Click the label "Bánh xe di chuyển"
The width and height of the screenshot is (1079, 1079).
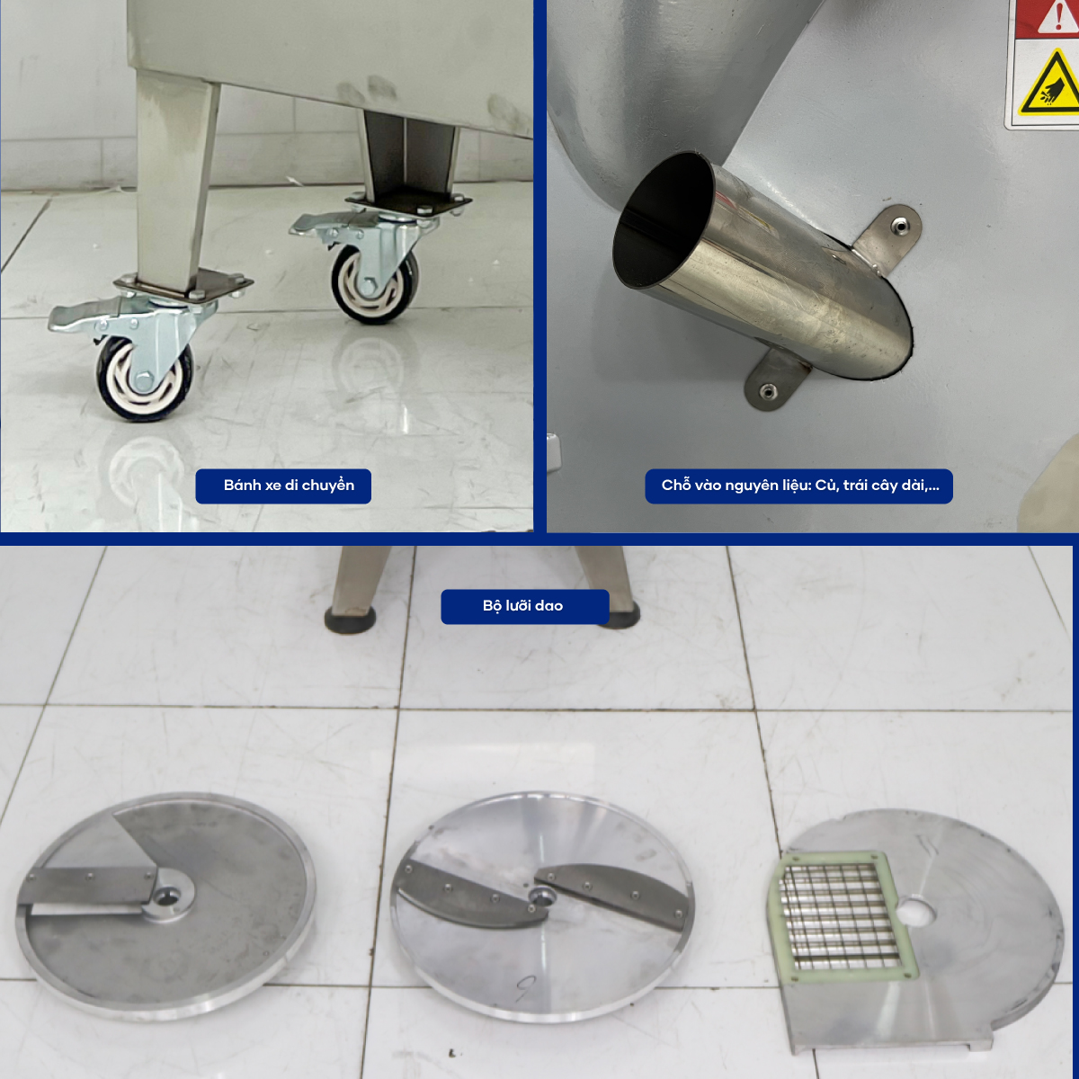(289, 486)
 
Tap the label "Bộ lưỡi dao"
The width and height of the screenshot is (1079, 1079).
(523, 606)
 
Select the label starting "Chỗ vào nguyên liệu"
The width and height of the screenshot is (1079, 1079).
(800, 486)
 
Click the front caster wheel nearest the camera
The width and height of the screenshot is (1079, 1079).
(146, 379)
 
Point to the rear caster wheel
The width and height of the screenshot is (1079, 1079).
(374, 286)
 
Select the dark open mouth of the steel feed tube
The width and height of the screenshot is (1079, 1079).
(664, 220)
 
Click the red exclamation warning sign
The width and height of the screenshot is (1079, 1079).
(1055, 17)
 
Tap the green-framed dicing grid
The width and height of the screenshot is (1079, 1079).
(842, 916)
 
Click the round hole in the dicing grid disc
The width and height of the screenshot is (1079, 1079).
(916, 914)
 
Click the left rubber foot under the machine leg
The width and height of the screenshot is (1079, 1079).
(350, 619)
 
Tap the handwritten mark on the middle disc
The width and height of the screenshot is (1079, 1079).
(524, 989)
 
